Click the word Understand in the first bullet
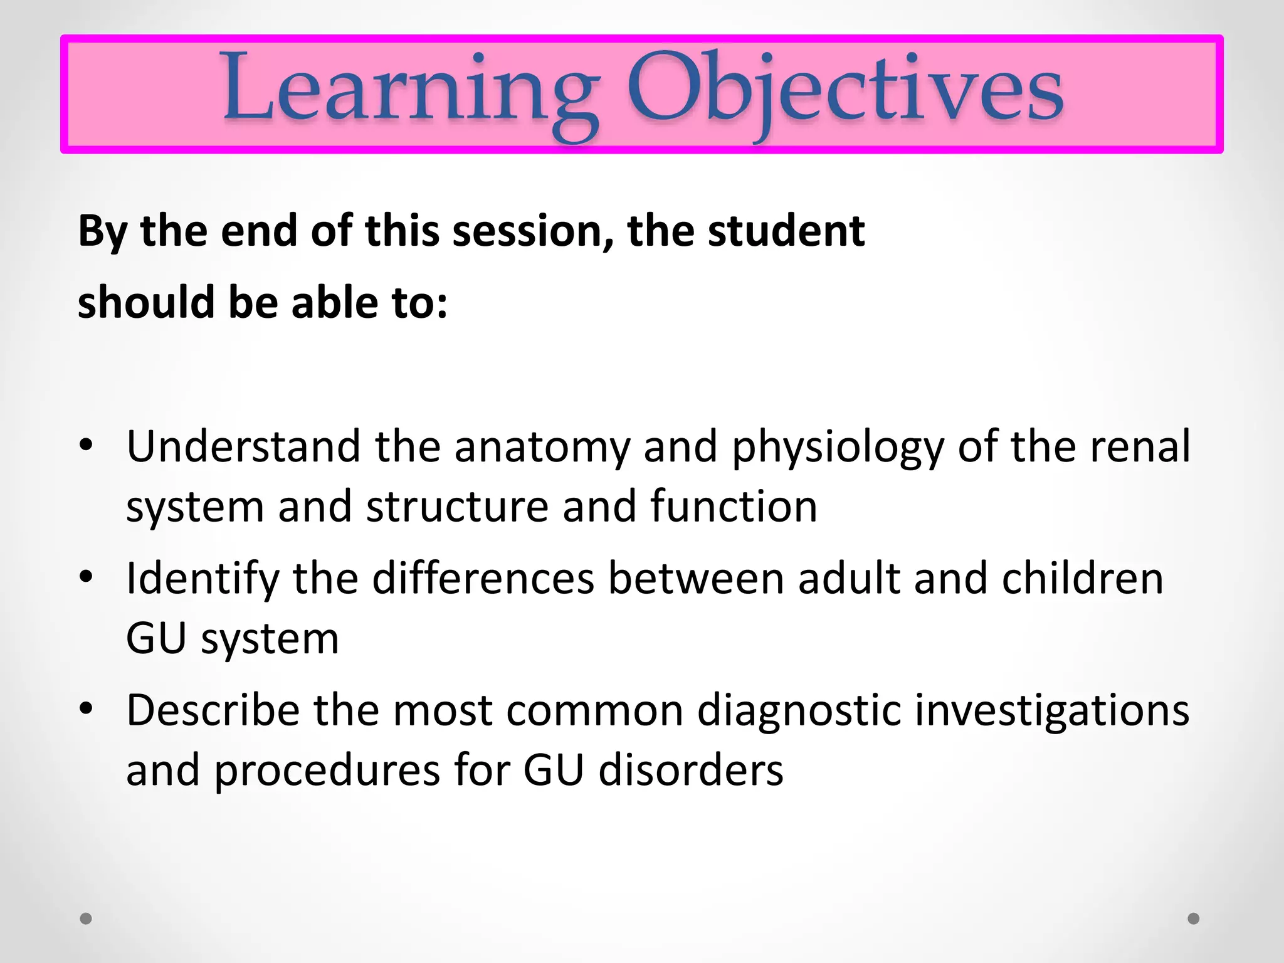point(243,446)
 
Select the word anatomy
point(542,446)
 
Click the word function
point(734,506)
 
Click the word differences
point(483,578)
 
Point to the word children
point(1083,578)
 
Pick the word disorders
point(691,770)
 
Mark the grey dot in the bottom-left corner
point(87,918)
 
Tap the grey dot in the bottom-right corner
point(1194,918)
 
